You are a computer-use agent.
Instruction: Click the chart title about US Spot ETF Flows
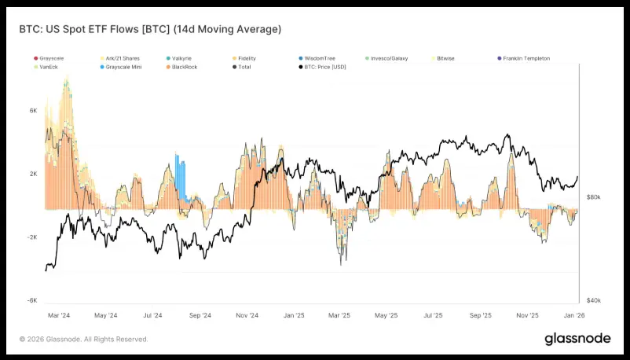(149, 29)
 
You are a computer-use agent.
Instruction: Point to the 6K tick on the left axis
(34, 112)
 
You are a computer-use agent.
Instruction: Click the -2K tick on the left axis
(32, 237)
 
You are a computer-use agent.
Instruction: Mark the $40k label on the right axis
(594, 300)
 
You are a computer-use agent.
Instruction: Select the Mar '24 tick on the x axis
(60, 315)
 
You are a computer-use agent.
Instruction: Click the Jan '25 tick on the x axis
(294, 315)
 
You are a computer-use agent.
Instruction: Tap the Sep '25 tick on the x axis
(480, 315)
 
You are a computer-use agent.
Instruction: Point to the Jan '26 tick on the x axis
(573, 315)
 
